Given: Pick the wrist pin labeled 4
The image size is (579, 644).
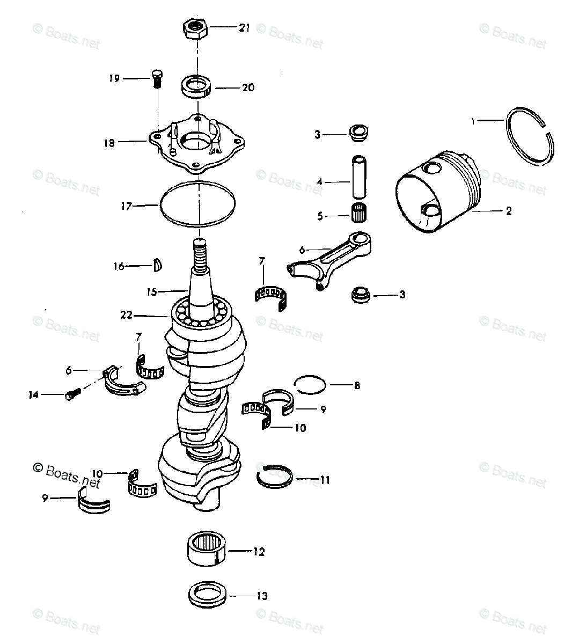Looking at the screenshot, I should point(358,177).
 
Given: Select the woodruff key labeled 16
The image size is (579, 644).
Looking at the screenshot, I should point(158,265).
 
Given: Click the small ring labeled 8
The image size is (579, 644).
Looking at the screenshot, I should point(310,384).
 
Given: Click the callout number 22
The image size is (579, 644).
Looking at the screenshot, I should point(126,315).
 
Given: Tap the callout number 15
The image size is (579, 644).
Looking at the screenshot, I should point(152,292).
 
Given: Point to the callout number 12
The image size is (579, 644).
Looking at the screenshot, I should point(259,551).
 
